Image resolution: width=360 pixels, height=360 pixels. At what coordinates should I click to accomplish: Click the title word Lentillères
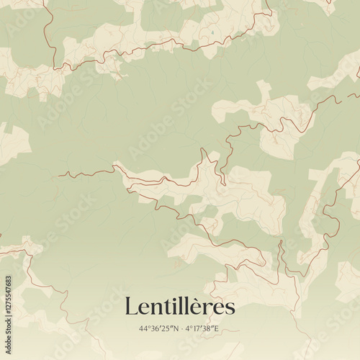tap(180, 306)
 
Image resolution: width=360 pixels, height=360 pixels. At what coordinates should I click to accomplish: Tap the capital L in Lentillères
tap(131, 306)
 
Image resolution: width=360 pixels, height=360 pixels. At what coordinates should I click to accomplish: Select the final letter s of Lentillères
tap(229, 309)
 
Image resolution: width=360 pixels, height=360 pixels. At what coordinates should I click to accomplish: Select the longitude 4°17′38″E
tap(203, 329)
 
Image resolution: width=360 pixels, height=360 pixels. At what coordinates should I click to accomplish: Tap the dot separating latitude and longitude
tap(181, 329)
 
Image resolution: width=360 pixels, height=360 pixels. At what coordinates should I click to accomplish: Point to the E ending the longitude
tap(218, 329)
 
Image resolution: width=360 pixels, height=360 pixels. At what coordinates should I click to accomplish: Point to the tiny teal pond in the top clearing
tap(212, 32)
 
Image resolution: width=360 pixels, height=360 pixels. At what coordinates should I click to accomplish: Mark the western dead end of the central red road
tap(59, 174)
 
